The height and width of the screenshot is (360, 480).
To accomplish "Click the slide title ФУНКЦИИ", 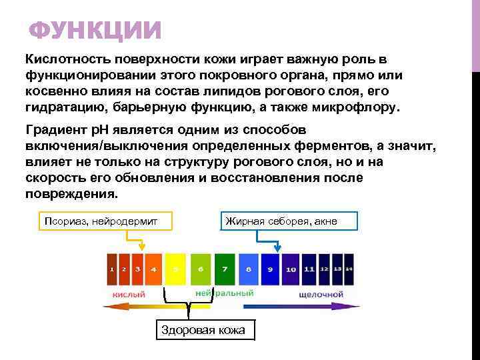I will click(96, 31).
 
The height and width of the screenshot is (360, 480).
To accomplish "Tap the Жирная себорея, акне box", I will click(289, 221).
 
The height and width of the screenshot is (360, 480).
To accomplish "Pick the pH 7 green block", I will click(225, 269).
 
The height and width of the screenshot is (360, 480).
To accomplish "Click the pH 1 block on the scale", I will click(112, 269).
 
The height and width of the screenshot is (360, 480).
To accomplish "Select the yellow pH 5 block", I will click(175, 269).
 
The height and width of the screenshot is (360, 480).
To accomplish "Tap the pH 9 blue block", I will click(270, 269).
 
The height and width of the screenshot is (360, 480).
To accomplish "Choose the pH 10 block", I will click(291, 269).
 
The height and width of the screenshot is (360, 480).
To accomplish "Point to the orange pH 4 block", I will click(153, 269).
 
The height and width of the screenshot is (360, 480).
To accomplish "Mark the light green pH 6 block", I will click(200, 269).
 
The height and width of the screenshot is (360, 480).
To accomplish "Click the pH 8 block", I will click(248, 269).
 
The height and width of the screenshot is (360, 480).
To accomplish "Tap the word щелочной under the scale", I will click(321, 293).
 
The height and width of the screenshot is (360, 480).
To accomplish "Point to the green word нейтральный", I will click(224, 293).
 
